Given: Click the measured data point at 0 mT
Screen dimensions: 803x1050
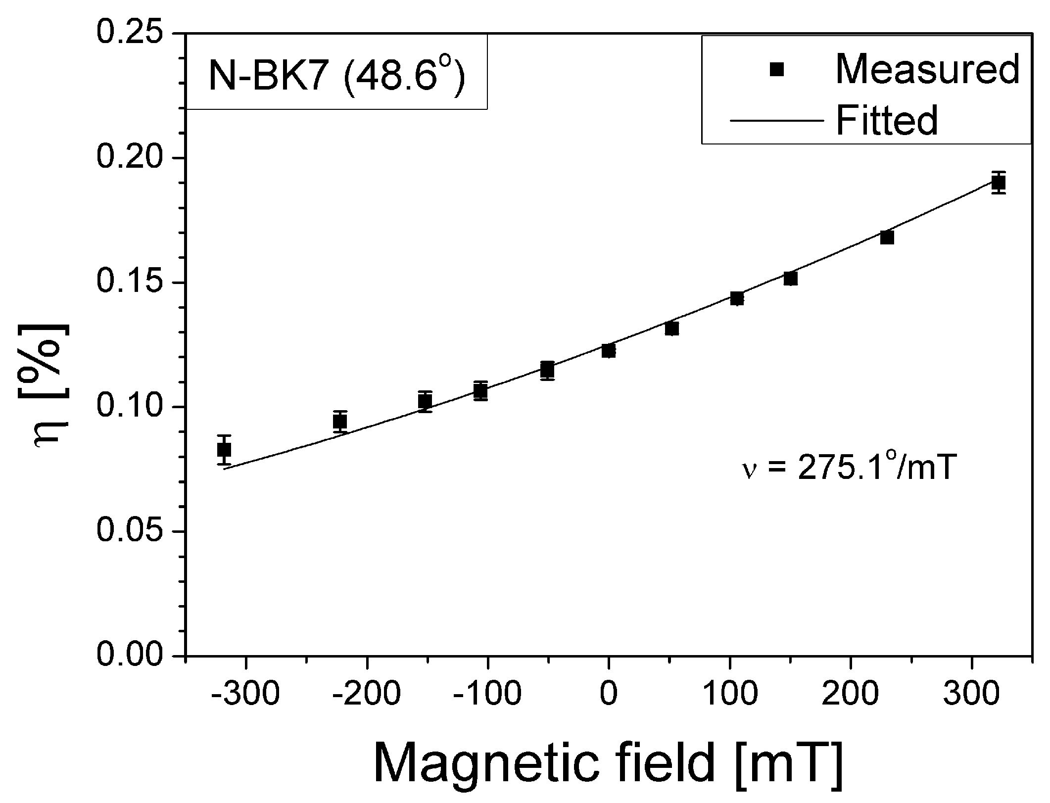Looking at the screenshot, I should (x=609, y=351).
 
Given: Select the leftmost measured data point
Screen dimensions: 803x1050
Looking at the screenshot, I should (x=224, y=450).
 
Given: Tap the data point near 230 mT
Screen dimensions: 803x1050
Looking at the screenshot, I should (x=887, y=238).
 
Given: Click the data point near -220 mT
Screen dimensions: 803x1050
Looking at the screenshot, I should (x=340, y=422).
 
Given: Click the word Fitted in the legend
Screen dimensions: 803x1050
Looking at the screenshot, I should (x=887, y=120).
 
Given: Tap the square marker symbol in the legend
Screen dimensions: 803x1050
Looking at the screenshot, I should (x=777, y=70).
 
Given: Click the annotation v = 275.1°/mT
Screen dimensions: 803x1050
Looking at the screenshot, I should (x=846, y=469).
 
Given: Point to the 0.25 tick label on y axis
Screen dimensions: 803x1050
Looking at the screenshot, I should (x=130, y=33).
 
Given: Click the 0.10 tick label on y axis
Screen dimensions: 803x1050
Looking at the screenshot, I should (x=130, y=407).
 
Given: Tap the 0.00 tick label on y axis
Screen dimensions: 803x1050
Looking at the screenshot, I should (x=130, y=657).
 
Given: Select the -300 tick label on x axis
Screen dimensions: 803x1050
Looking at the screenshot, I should (x=245, y=695).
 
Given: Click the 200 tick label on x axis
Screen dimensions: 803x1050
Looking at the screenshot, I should (x=850, y=695).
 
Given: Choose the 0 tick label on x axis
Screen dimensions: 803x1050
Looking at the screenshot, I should (x=609, y=695).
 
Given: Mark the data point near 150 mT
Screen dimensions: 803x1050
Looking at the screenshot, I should (x=791, y=279).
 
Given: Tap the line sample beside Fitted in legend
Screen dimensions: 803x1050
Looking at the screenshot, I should (x=777, y=120).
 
